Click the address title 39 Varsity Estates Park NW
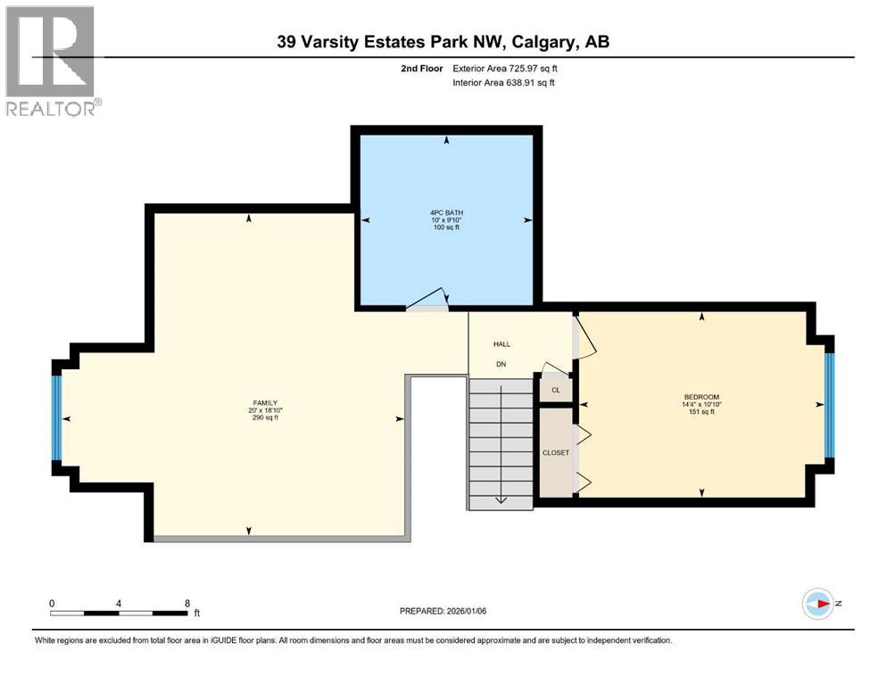(443, 42)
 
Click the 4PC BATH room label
(446, 212)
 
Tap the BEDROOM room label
(701, 397)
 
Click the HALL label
(501, 344)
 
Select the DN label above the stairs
(501, 364)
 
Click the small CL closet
(556, 390)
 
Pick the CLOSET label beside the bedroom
(556, 453)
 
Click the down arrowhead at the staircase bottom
(501, 499)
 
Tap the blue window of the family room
(57, 417)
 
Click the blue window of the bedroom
(829, 404)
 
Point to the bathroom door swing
(432, 301)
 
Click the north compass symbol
(817, 604)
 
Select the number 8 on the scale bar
(186, 603)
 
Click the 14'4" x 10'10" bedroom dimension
(701, 404)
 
